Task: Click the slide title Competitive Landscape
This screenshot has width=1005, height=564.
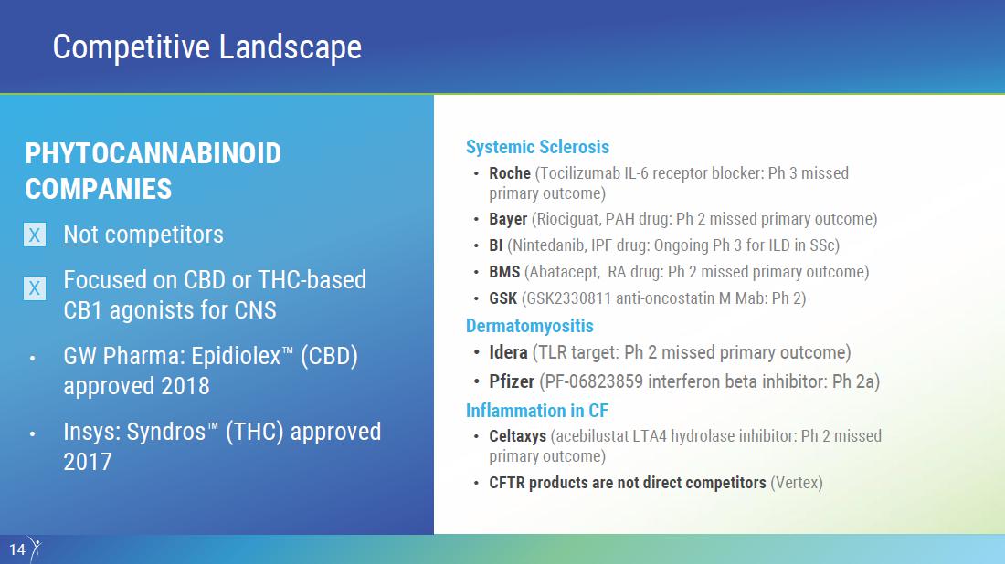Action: (207, 47)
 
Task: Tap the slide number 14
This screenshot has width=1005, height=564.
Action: (17, 549)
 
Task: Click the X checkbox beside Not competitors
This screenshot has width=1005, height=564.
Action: (35, 235)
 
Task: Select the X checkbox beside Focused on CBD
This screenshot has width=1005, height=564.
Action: (35, 288)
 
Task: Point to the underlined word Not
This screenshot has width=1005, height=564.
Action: (80, 235)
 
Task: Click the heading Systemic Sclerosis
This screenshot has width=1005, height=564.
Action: (537, 147)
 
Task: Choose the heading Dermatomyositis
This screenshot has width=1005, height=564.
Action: (529, 326)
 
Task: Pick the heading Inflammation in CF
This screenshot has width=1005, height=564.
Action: (537, 411)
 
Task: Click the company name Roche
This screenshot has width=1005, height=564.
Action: (510, 173)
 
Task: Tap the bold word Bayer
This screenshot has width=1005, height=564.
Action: (508, 219)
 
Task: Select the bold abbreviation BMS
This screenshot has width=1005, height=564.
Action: (504, 272)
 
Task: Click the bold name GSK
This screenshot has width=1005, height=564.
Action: (503, 298)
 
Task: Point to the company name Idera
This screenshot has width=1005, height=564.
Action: (508, 353)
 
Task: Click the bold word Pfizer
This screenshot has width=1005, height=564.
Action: (512, 381)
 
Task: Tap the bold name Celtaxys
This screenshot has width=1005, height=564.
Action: (518, 436)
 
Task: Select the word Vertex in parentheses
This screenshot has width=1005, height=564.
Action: (797, 483)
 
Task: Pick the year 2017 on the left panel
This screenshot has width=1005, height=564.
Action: (88, 462)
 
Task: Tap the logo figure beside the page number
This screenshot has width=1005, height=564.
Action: (36, 549)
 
